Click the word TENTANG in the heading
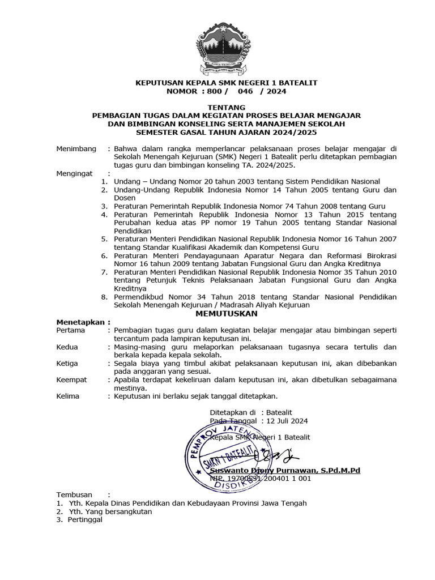226,107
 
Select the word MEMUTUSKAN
226,313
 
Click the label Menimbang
75,148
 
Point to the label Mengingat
74,173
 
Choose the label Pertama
71,330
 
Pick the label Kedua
67,347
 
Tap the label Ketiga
67,363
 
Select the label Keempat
72,379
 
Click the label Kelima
69,396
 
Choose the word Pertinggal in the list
85,520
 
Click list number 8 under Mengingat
104,297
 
